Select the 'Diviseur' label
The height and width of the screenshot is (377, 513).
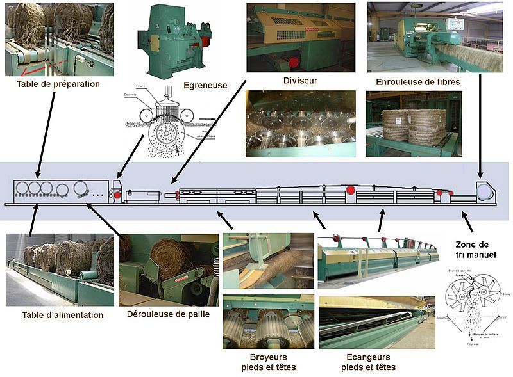coord(300,81)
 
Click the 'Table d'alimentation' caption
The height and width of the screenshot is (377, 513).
coord(62,315)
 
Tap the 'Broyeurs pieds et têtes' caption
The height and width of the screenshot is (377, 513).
coord(269,362)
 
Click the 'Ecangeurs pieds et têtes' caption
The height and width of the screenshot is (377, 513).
coord(368,362)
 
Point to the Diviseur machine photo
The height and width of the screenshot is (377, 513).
coord(300,36)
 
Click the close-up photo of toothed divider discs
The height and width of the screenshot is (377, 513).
coord(300,124)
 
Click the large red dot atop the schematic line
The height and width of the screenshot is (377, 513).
coord(350,189)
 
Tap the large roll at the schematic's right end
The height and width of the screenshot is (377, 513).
coord(484,191)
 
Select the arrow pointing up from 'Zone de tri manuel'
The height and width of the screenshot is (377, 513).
coord(467,223)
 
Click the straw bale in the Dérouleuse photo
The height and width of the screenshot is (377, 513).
coord(169,256)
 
